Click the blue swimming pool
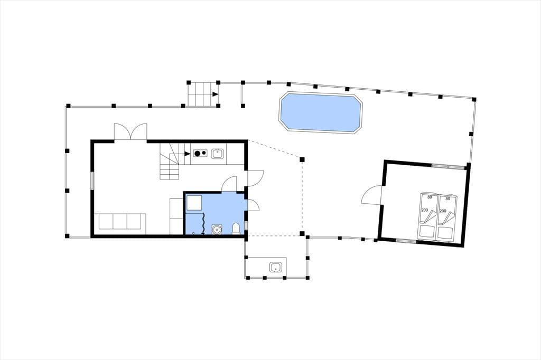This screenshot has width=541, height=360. (321, 112)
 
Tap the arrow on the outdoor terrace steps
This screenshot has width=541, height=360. (216, 94)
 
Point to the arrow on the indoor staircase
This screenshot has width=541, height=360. (188, 154)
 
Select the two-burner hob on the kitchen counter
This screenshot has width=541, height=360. (200, 153)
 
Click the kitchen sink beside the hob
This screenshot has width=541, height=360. (217, 154)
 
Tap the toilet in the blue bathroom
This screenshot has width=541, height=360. (236, 229)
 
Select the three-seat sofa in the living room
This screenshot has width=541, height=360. (120, 222)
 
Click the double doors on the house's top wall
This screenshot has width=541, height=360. (131, 132)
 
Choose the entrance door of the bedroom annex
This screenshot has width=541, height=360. (371, 195)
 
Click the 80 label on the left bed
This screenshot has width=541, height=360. (430, 197)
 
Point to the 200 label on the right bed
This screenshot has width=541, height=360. (443, 211)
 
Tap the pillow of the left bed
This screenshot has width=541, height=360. (426, 232)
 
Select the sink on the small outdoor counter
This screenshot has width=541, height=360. (276, 267)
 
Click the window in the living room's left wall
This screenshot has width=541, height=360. (92, 180)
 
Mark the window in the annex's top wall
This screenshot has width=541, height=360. (448, 167)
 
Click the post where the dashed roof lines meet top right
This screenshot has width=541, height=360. (302, 159)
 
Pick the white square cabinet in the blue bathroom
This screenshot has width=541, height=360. (194, 203)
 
